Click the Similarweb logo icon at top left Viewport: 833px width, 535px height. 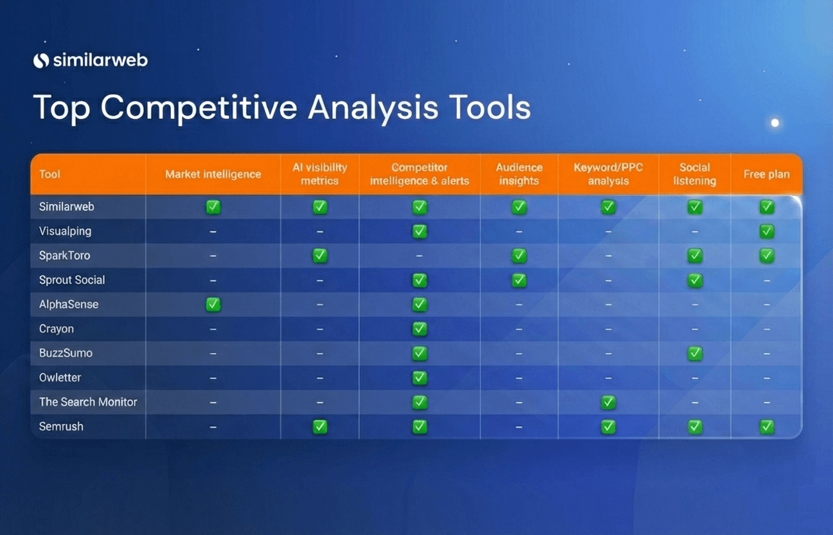click(41, 60)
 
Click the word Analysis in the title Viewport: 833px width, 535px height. click(373, 107)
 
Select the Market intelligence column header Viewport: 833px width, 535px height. click(213, 174)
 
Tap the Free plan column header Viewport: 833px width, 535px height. click(766, 174)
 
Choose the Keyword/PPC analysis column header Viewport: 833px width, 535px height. click(609, 174)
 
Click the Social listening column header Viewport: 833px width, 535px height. click(695, 174)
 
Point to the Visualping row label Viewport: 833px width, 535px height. click(65, 231)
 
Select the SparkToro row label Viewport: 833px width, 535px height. click(65, 255)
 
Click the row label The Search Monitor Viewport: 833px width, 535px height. click(88, 402)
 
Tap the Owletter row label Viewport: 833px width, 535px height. click(60, 377)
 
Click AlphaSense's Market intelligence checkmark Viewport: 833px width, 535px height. click(213, 304)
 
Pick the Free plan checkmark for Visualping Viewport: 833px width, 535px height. click(766, 231)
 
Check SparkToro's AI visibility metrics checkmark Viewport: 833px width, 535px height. click(320, 255)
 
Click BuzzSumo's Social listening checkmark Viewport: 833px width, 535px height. click(695, 354)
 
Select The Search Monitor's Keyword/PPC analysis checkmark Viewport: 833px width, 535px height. click(609, 402)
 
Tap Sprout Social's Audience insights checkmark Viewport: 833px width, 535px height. click(519, 280)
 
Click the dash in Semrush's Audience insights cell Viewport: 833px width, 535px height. click(519, 427)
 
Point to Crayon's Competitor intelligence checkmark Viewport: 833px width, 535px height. click(420, 329)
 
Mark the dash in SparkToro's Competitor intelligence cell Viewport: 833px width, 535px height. click(419, 256)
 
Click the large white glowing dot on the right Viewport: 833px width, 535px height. click(775, 123)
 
